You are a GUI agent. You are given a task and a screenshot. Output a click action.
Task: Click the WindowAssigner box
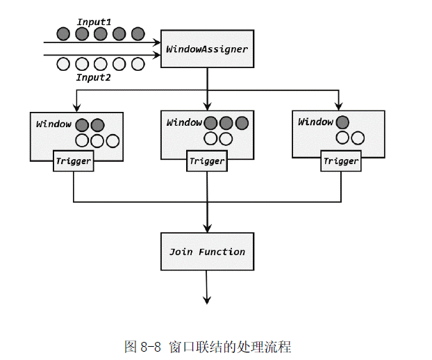[207, 49]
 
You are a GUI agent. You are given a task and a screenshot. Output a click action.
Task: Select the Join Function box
[207, 252]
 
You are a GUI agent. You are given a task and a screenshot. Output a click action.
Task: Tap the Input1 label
[94, 22]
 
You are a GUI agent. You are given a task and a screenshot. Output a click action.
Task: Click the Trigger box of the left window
[74, 161]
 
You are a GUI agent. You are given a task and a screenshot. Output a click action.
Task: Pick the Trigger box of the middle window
[207, 161]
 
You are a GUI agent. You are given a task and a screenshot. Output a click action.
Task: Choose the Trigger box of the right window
[341, 161]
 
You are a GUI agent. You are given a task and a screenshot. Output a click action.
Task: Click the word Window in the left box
[53, 124]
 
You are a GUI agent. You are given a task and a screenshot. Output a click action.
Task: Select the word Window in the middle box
[184, 123]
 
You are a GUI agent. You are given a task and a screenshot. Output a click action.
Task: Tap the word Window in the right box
[315, 122]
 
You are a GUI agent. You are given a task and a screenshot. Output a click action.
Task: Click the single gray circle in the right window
[342, 122]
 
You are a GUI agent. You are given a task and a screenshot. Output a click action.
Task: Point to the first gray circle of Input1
[63, 33]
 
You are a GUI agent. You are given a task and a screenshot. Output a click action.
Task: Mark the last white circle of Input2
[138, 64]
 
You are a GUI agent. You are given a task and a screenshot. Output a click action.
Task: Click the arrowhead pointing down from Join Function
[207, 300]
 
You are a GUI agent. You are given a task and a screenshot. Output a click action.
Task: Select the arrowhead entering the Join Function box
[207, 227]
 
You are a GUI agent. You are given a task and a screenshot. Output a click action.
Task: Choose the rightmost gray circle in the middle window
[241, 123]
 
